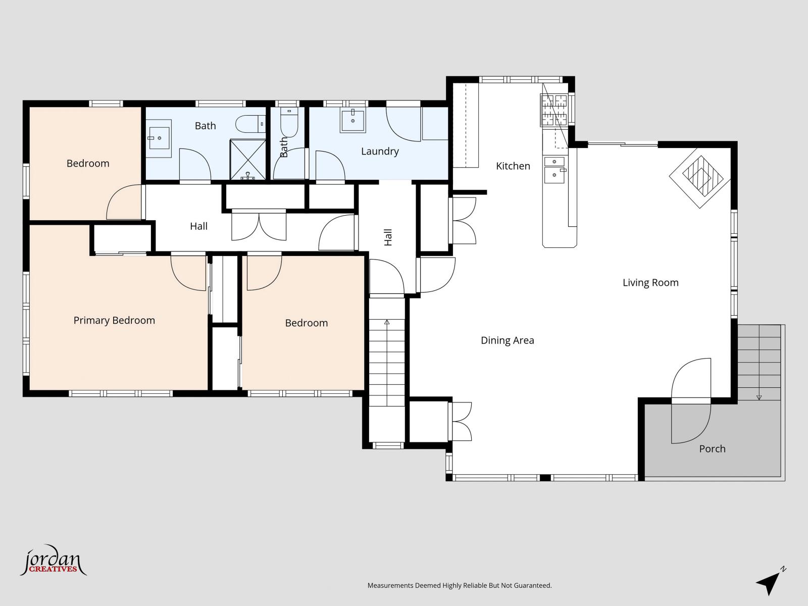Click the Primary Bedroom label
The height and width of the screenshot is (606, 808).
(x=114, y=320)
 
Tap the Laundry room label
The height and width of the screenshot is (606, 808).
(x=380, y=151)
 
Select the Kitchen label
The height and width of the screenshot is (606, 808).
(x=513, y=166)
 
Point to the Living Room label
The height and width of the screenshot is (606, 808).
(x=650, y=282)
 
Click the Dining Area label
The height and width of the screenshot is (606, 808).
(x=507, y=340)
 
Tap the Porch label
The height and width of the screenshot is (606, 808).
(x=712, y=448)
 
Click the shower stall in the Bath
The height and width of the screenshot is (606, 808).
(x=247, y=160)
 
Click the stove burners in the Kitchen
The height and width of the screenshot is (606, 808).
(x=554, y=110)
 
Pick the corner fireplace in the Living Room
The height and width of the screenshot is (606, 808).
(x=700, y=177)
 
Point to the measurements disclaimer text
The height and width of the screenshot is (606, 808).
(x=459, y=586)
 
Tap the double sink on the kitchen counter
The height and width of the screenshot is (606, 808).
(x=554, y=169)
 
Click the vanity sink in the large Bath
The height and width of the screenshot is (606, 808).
(x=159, y=137)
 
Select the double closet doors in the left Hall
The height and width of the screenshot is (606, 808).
(x=259, y=226)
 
